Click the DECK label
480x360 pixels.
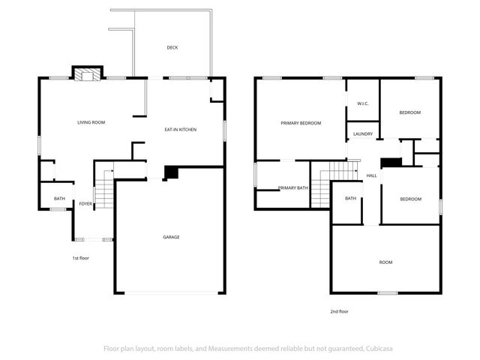pyautogui.click(x=172, y=47)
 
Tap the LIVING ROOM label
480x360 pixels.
pyautogui.click(x=91, y=121)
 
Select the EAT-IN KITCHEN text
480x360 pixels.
pyautogui.click(x=180, y=130)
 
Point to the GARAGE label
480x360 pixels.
pyautogui.click(x=171, y=237)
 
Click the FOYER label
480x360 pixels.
pyautogui.click(x=85, y=203)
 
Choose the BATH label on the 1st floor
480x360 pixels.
pyautogui.click(x=59, y=199)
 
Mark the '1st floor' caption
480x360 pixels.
pyautogui.click(x=81, y=258)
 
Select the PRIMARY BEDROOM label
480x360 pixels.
pyautogui.click(x=301, y=123)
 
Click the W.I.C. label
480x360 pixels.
pyautogui.click(x=362, y=103)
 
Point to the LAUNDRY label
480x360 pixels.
pyautogui.click(x=363, y=134)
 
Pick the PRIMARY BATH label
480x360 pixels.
pyautogui.click(x=292, y=187)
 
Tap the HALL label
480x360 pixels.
pyautogui.click(x=371, y=175)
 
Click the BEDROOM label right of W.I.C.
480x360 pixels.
pyautogui.click(x=409, y=112)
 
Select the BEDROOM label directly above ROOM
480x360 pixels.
pyautogui.click(x=410, y=199)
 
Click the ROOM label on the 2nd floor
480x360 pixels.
pyautogui.click(x=385, y=262)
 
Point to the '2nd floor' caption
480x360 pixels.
pyautogui.click(x=339, y=311)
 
